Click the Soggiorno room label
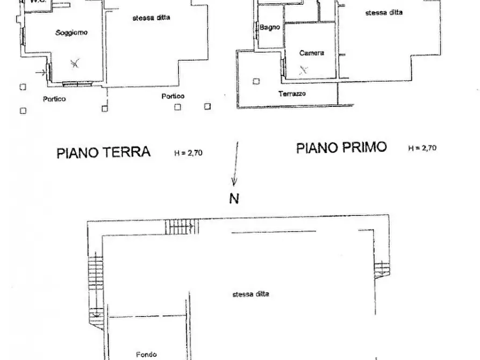(71, 33)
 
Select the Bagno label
(270, 27)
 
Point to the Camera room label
(312, 53)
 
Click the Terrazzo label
(292, 93)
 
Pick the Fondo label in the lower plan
(146, 354)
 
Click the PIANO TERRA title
(103, 152)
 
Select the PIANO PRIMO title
(341, 148)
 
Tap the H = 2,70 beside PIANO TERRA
(188, 153)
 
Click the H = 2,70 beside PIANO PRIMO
(422, 148)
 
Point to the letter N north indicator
(234, 199)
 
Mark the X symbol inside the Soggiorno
(75, 64)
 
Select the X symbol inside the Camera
(304, 69)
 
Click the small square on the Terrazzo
(256, 82)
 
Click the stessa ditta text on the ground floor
(152, 18)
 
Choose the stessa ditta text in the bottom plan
(251, 294)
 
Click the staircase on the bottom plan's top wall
(180, 227)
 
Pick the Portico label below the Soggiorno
(54, 99)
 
